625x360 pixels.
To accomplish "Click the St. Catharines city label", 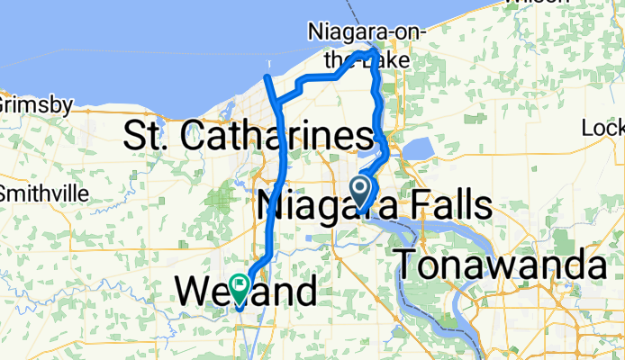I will click(x=248, y=138).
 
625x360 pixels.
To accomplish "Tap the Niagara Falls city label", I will click(x=374, y=206).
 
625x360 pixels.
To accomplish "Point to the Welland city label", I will click(x=245, y=291).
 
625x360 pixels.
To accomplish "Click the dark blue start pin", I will click(x=360, y=190).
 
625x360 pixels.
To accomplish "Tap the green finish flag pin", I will click(x=240, y=287).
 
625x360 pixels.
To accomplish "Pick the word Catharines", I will click(x=276, y=138).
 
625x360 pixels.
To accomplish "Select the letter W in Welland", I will click(x=194, y=291).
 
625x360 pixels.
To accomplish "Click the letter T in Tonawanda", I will click(x=410, y=267).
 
